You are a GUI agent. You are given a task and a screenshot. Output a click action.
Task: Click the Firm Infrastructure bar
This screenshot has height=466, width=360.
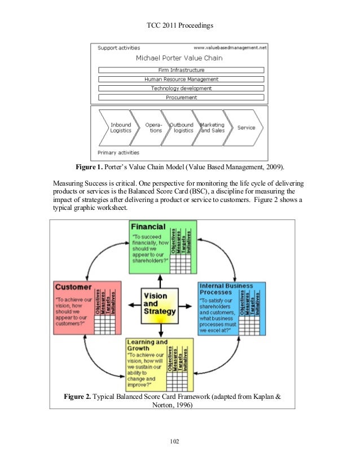(181, 70)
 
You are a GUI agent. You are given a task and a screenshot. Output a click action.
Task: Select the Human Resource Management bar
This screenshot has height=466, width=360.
(181, 80)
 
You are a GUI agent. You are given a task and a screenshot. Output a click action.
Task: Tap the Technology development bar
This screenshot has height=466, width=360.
(181, 89)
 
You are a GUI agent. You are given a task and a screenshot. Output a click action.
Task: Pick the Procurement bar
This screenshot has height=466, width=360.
(181, 98)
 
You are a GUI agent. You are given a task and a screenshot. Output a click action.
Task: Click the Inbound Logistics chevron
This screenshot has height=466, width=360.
(120, 128)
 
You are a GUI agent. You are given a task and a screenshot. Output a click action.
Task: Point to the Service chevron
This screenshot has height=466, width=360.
(246, 128)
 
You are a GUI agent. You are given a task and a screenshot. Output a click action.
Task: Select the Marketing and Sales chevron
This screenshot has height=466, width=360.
(212, 128)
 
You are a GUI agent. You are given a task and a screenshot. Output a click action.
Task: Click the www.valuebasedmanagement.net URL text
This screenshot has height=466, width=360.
(230, 49)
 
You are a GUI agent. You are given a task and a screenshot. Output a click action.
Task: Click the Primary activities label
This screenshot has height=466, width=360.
(118, 152)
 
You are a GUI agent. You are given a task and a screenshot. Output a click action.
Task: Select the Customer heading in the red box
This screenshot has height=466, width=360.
(73, 287)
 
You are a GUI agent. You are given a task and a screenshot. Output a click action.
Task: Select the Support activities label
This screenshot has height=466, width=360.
(119, 49)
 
